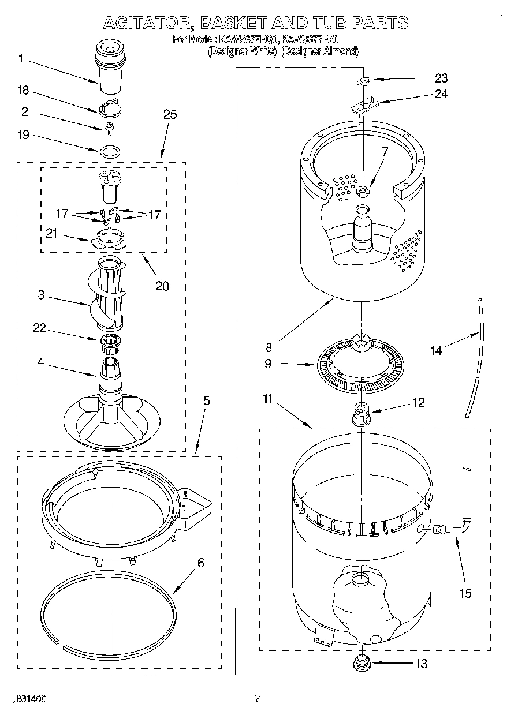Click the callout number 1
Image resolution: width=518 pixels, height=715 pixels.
(x=21, y=58)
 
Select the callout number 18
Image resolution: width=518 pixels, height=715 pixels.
(x=23, y=91)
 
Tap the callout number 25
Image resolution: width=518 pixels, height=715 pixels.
(x=170, y=114)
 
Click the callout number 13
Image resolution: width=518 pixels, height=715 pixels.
(x=421, y=664)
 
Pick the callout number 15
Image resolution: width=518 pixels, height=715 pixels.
(x=465, y=593)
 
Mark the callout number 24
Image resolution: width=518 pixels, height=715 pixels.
(x=441, y=93)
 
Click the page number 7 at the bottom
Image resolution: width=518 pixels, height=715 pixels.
(x=258, y=699)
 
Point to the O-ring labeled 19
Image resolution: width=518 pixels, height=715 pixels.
(x=110, y=152)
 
